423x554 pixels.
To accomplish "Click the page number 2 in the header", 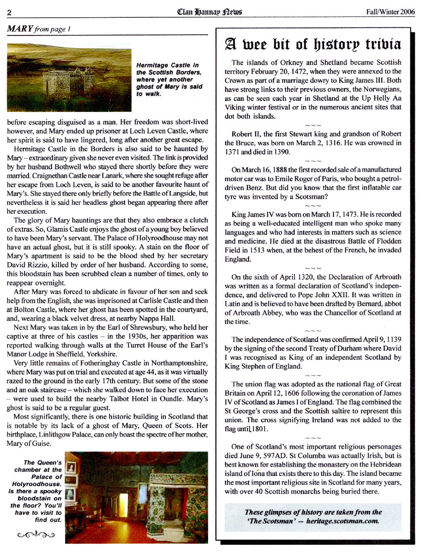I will click(9, 12).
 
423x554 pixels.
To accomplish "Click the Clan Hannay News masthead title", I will click(209, 11).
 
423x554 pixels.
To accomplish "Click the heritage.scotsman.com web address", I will click(343, 521).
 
